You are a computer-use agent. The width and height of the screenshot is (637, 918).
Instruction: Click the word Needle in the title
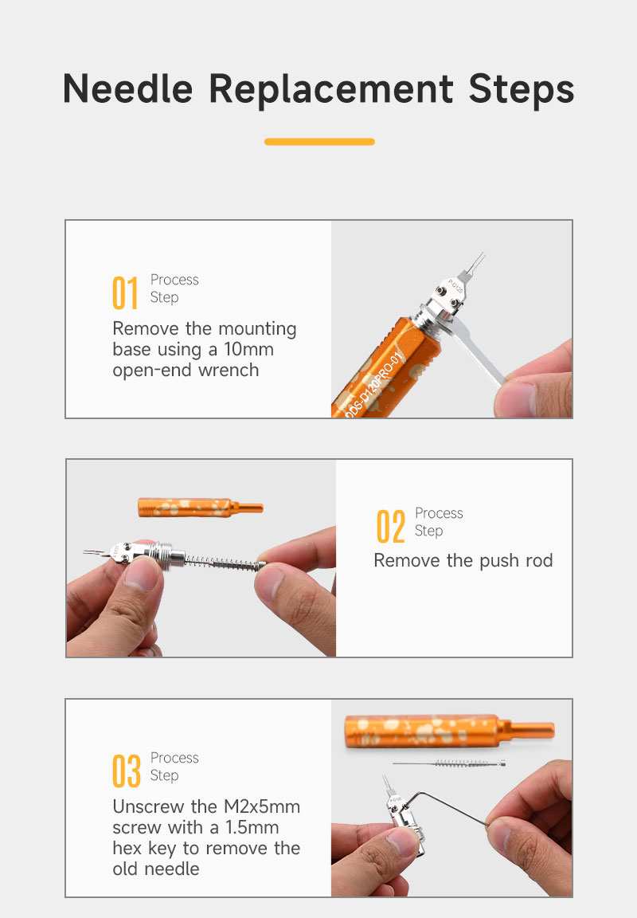pyautogui.click(x=127, y=89)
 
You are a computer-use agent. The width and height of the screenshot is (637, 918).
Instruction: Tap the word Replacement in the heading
pyautogui.click(x=331, y=90)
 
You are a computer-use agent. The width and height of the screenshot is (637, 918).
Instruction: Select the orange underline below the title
pyautogui.click(x=319, y=142)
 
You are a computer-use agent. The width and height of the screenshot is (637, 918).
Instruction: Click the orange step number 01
pyautogui.click(x=124, y=292)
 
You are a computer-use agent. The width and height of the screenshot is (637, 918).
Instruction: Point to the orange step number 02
pyautogui.click(x=390, y=526)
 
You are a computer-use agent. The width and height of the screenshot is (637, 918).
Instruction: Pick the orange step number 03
pyautogui.click(x=127, y=771)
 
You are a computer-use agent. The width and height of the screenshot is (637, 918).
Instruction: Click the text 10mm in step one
pyautogui.click(x=248, y=350)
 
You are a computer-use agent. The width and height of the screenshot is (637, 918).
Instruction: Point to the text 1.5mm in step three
pyautogui.click(x=252, y=827)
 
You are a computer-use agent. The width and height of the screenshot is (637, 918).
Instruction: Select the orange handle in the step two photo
pyautogui.click(x=200, y=507)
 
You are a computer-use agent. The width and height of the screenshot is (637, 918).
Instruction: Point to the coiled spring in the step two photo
pyautogui.click(x=225, y=563)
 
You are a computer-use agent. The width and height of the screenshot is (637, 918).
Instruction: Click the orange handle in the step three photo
pyautogui.click(x=448, y=731)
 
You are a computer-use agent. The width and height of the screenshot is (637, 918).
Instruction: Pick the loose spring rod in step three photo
pyautogui.click(x=449, y=763)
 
